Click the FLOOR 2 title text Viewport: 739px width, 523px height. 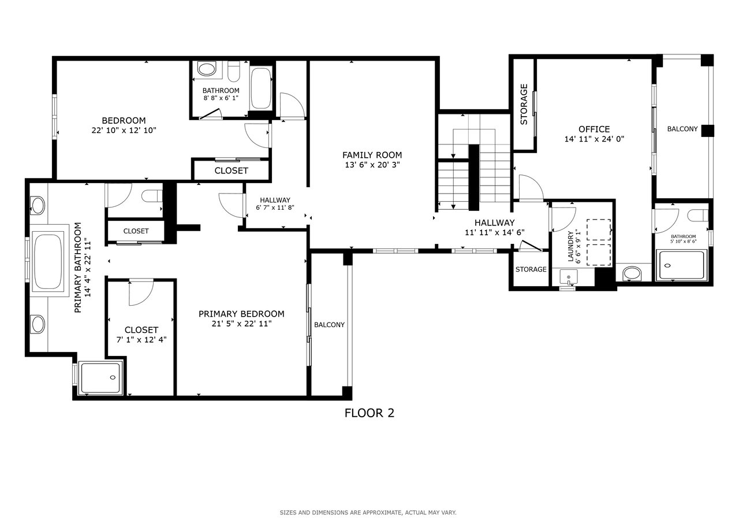point(369,413)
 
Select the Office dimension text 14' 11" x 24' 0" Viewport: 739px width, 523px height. point(594,139)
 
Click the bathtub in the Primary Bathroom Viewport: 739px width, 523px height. point(48,261)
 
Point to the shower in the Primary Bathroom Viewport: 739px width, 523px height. point(100,378)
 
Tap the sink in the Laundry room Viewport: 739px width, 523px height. point(569,277)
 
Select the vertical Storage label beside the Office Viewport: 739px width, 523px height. point(524,104)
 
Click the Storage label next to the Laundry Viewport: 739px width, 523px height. point(531,269)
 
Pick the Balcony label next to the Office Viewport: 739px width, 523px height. point(682,129)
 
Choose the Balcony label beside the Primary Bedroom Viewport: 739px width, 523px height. point(329,325)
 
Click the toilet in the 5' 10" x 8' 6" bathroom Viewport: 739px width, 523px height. point(697,216)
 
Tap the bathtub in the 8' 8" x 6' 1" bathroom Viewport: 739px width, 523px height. point(261,88)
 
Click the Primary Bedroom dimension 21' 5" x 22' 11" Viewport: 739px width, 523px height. point(241,324)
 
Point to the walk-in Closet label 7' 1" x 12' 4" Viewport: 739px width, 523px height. point(141,335)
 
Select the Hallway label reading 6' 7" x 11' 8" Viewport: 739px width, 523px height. point(275,204)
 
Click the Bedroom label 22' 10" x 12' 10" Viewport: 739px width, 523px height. point(124,125)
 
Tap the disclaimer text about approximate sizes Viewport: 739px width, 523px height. point(368,513)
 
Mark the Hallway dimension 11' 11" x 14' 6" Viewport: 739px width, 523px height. point(495,233)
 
